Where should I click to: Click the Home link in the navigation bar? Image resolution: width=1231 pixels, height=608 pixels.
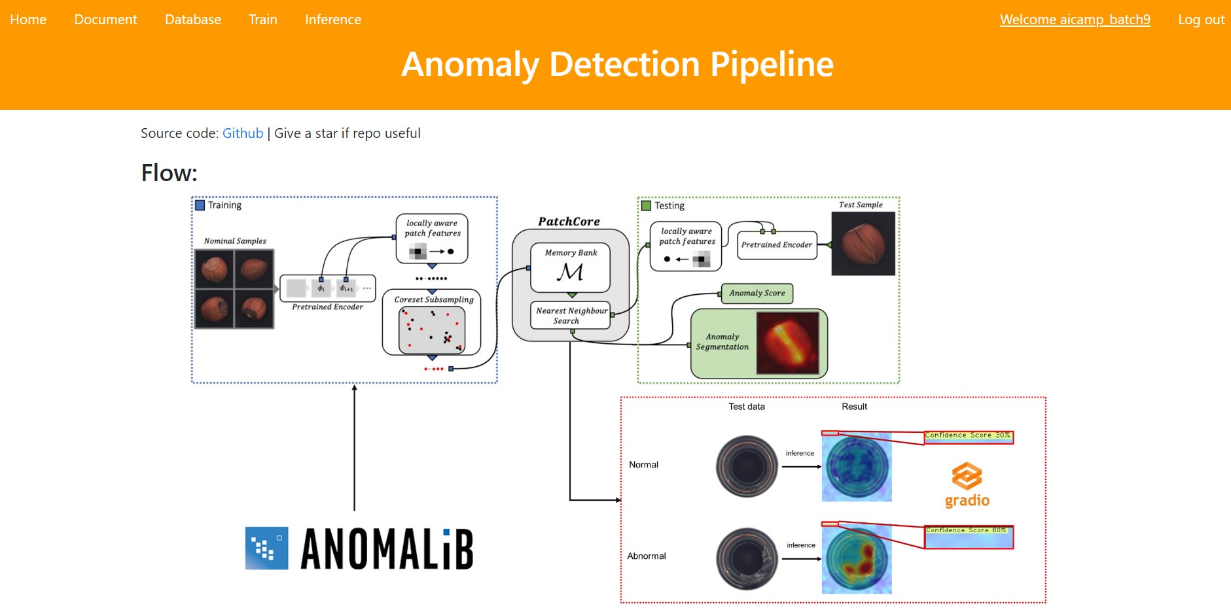(28, 20)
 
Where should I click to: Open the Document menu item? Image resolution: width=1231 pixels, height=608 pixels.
(105, 20)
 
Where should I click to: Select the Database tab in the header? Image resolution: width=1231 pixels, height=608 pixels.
(193, 20)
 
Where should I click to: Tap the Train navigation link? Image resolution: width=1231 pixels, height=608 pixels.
(263, 20)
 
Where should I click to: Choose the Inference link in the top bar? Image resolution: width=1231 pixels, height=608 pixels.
(333, 20)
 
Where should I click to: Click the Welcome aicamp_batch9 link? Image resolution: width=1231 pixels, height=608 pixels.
(1075, 20)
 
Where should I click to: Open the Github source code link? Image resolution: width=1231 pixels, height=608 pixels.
(243, 133)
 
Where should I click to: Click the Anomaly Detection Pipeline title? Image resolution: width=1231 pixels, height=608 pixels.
(617, 64)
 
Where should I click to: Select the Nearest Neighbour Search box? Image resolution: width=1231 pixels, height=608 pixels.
(571, 316)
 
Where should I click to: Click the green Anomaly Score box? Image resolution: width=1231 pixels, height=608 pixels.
(757, 294)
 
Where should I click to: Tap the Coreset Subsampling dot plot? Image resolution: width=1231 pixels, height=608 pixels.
(432, 330)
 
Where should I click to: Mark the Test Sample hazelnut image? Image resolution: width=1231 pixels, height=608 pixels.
(863, 244)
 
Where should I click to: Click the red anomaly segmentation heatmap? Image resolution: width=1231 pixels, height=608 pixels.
(788, 343)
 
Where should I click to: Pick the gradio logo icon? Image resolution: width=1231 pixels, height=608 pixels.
(967, 476)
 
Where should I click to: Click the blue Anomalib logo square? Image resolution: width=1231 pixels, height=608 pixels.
(266, 548)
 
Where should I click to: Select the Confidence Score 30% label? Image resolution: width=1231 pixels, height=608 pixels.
(968, 435)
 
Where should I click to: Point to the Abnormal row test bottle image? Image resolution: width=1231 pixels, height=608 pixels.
(747, 558)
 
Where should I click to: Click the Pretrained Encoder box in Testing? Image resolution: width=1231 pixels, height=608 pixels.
(777, 245)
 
